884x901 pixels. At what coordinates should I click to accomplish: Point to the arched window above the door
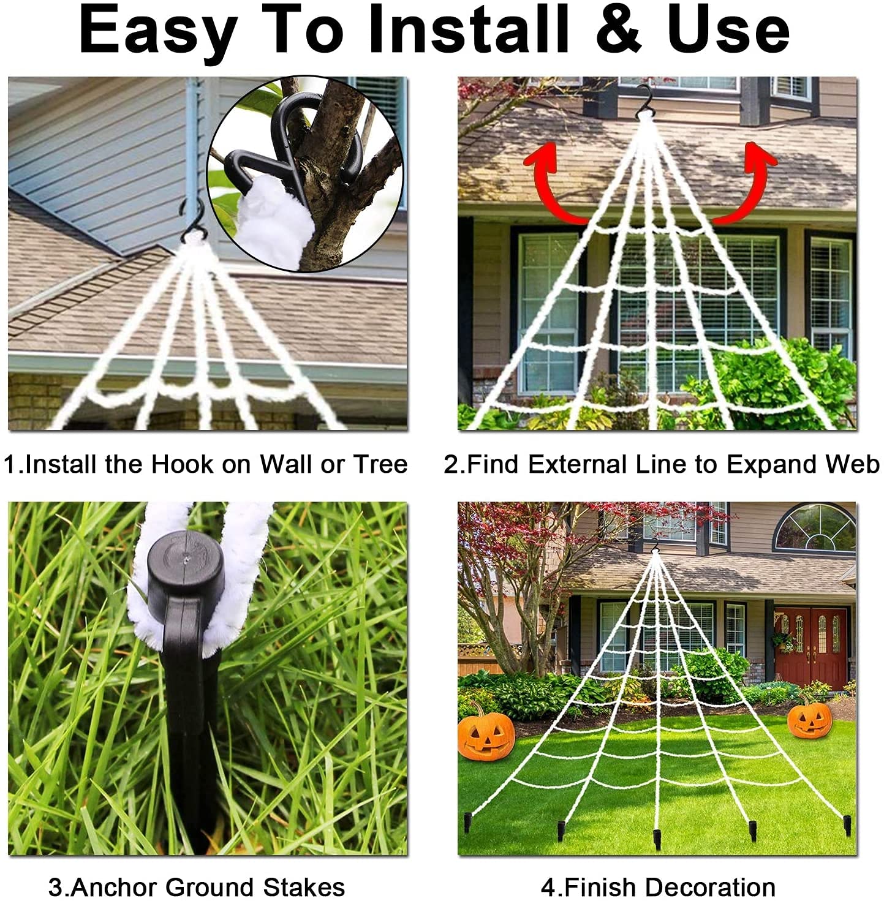[x=814, y=529]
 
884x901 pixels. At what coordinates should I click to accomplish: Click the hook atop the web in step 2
[x=646, y=99]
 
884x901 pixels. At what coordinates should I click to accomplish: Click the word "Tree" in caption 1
[x=380, y=464]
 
